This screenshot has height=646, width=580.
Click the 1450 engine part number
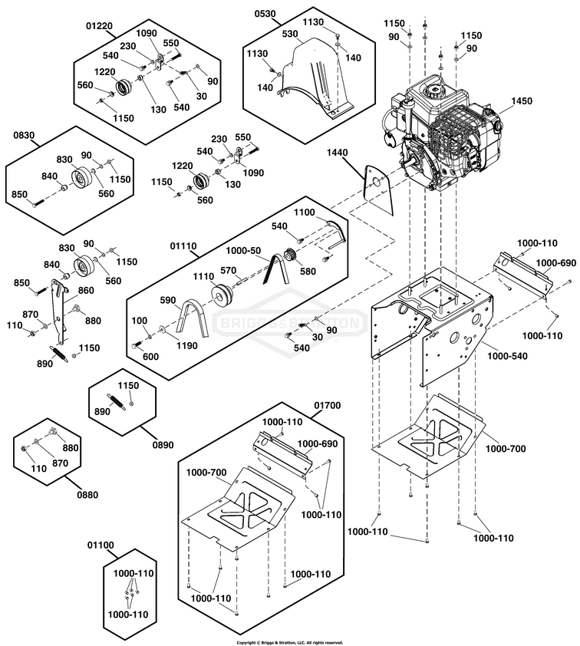(x=521, y=101)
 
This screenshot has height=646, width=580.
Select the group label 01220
(x=100, y=25)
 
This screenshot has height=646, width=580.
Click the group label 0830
(x=25, y=135)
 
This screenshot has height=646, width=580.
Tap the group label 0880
(x=87, y=495)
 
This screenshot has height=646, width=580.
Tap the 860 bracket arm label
(x=84, y=291)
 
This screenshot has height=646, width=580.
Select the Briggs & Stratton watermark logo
(x=289, y=322)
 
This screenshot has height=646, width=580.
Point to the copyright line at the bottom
(x=289, y=642)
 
